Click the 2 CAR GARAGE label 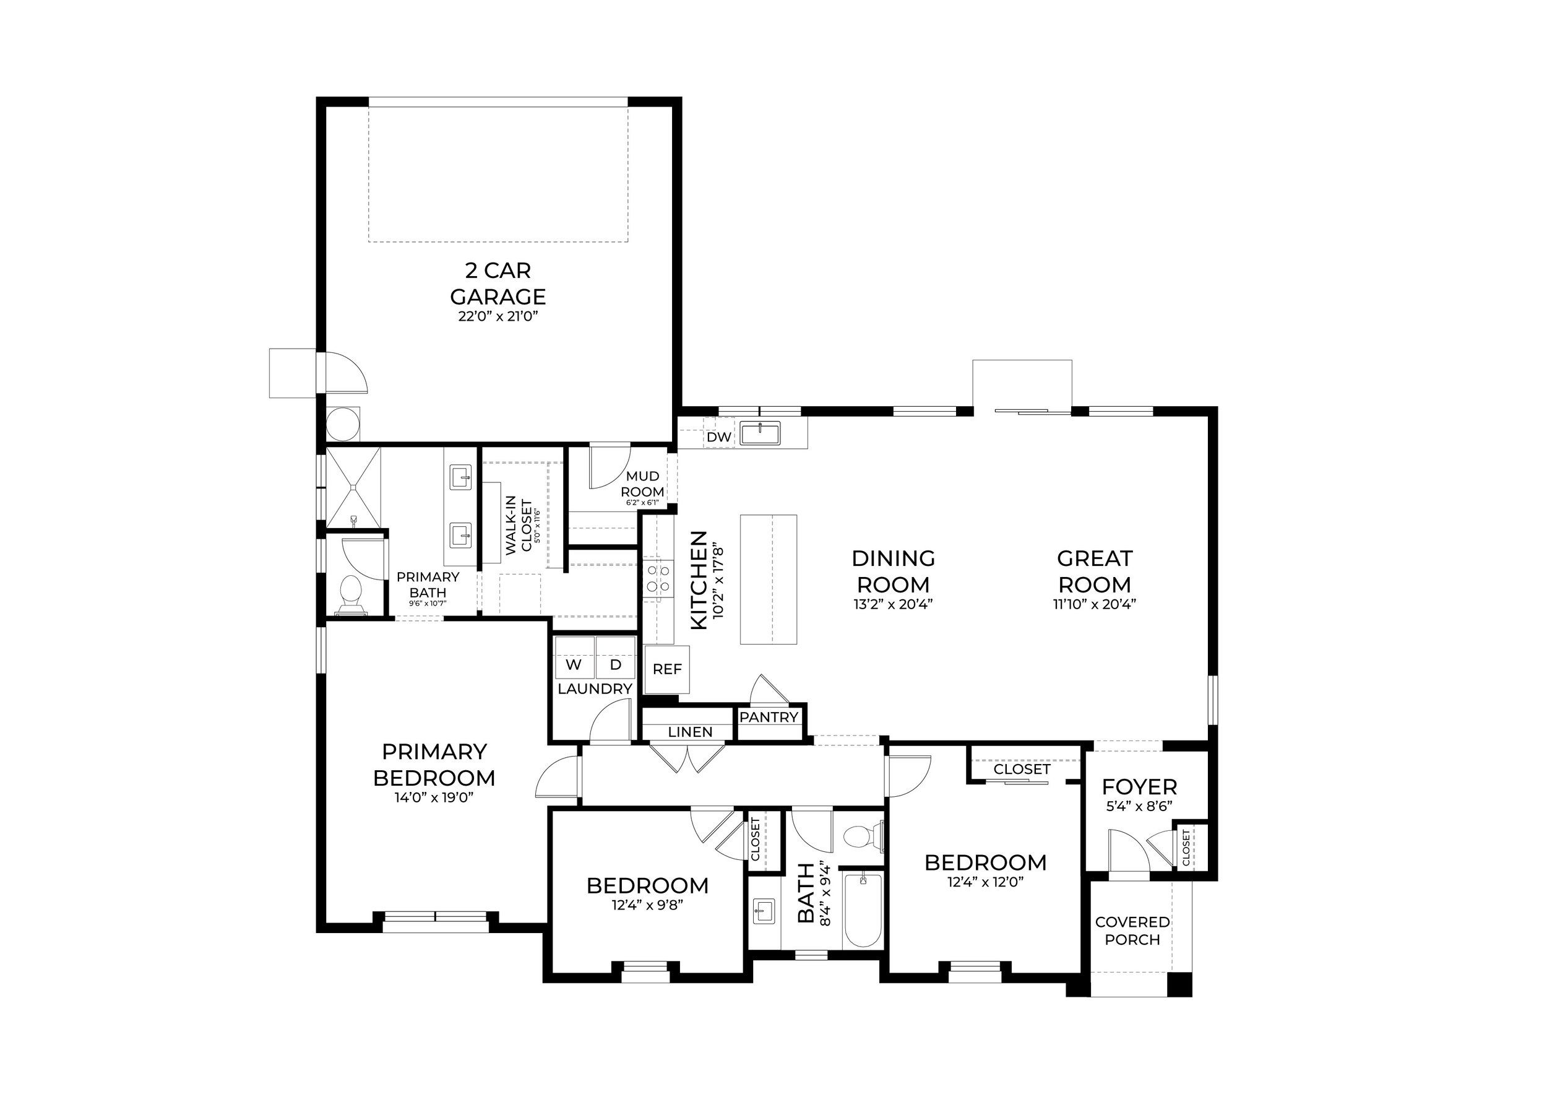pos(498,284)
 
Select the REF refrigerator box pos(667,669)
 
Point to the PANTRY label pos(769,717)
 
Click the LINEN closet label pos(691,732)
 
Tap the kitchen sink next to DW pos(760,433)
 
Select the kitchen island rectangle pos(769,579)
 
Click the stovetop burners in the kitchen pos(658,579)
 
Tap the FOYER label pos(1139,788)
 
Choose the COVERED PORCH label pos(1132,930)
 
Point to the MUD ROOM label pos(643,484)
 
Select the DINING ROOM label pos(894,571)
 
